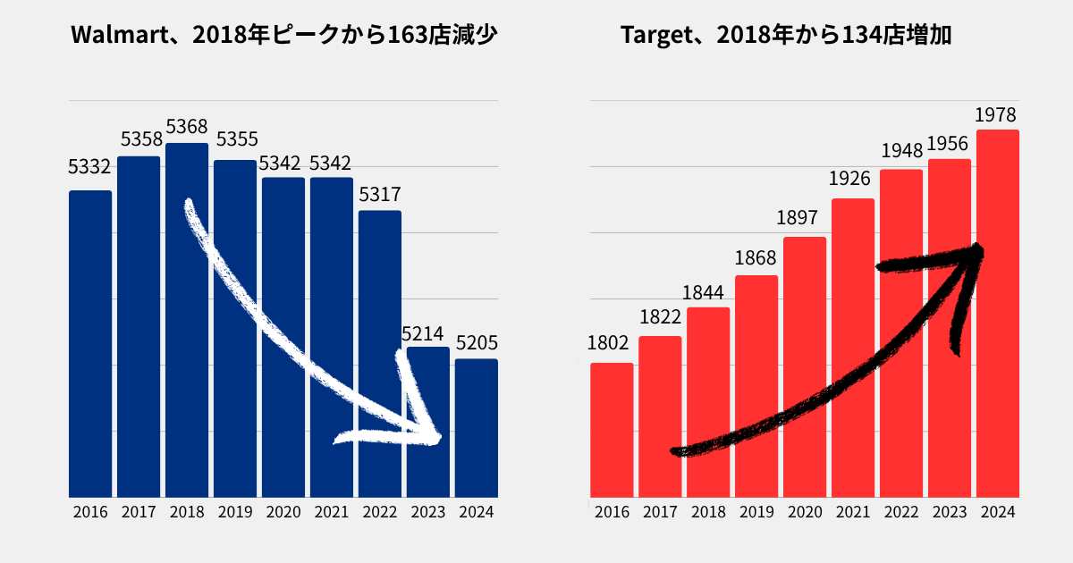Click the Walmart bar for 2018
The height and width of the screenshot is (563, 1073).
coord(187,322)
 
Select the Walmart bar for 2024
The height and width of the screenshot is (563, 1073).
coord(477,429)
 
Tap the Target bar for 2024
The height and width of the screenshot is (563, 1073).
coord(998,313)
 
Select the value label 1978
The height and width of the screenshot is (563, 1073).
coord(995,115)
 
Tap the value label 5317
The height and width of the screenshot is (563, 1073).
coord(380,195)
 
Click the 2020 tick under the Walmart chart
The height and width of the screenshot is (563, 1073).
coord(283,513)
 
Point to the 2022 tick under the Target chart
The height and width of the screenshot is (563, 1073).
coord(901,513)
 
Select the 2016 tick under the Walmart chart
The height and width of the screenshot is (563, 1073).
coord(90,513)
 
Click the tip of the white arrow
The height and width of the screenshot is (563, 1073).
coord(437,439)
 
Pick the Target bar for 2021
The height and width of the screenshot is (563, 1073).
coord(853,349)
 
